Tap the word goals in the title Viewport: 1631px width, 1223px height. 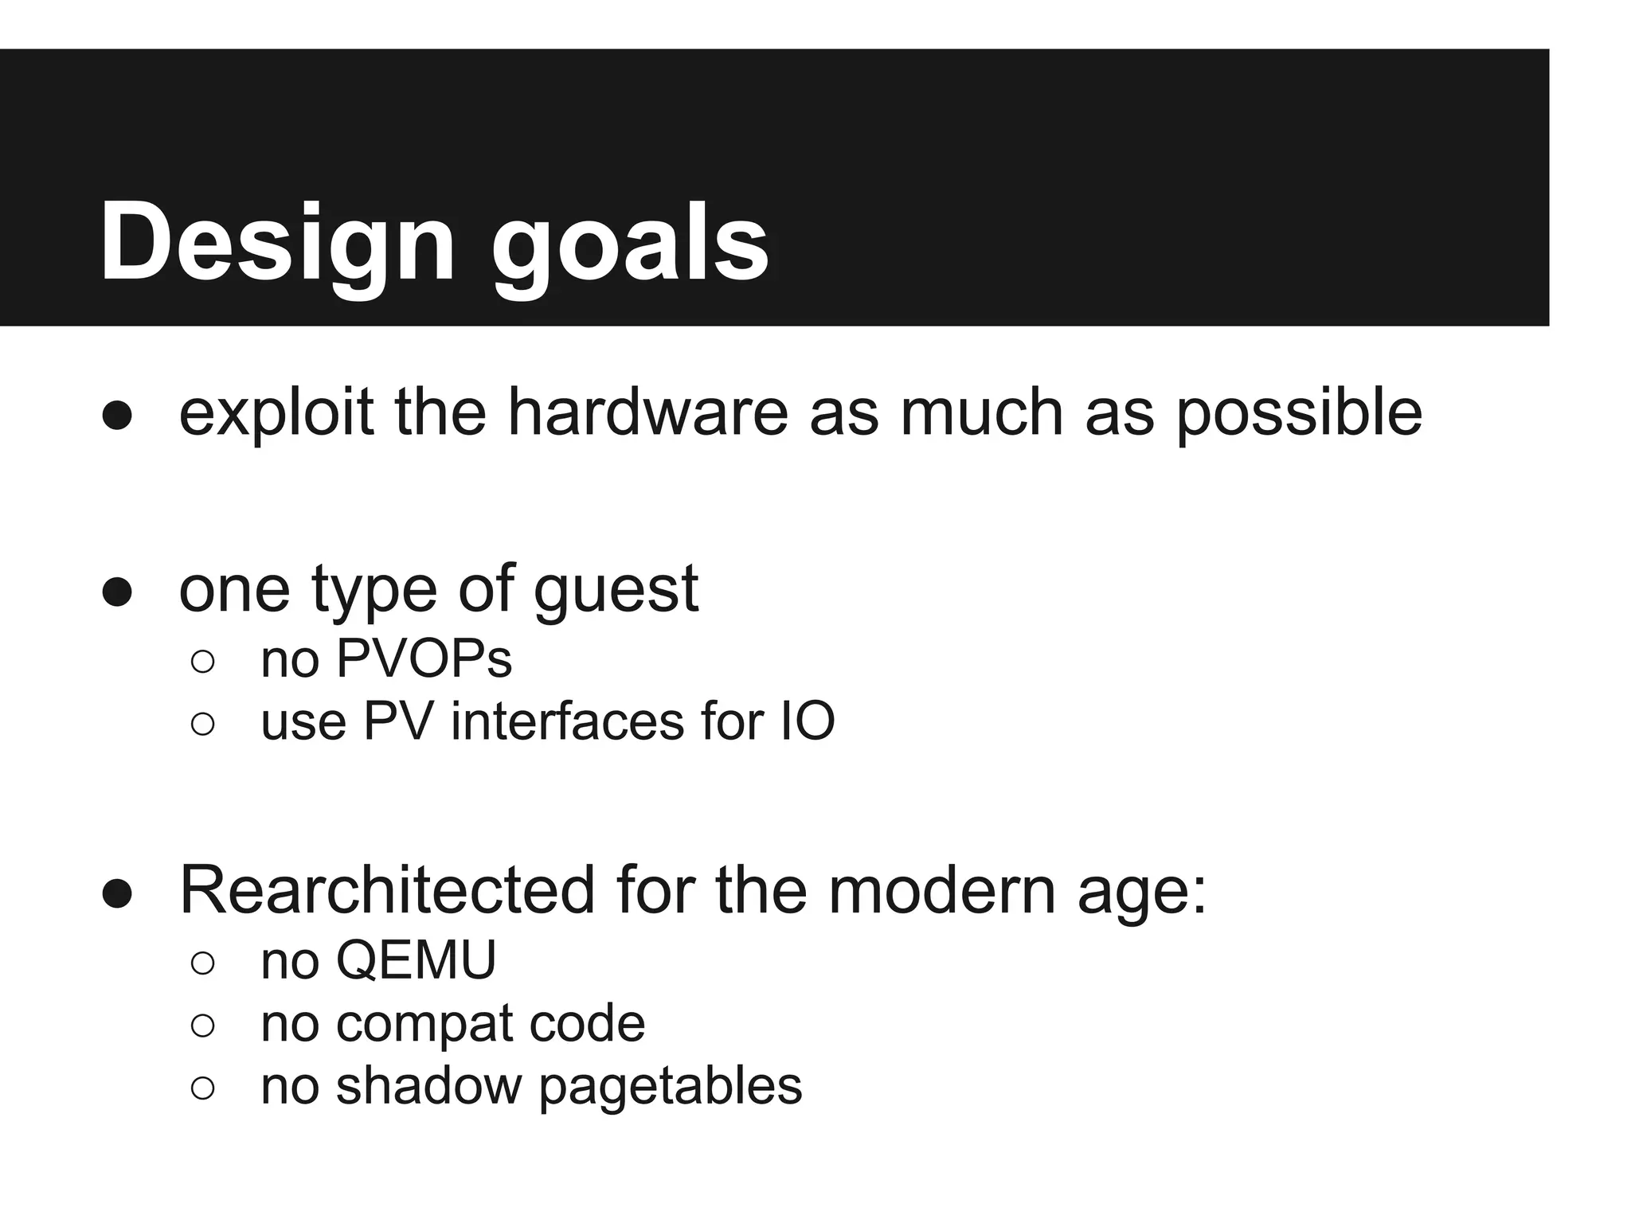pos(629,241)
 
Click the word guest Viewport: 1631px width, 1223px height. pos(616,590)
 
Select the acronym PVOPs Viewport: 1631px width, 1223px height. pos(424,658)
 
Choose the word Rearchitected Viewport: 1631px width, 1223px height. pos(387,890)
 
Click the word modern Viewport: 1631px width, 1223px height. pos(942,890)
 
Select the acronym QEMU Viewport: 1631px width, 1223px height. pos(416,960)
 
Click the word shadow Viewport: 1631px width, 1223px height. pos(428,1085)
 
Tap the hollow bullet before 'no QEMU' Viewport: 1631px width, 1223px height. pos(203,963)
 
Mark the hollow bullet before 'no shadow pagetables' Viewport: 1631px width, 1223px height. pos(203,1088)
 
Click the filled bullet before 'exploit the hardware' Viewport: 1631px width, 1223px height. pos(117,415)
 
